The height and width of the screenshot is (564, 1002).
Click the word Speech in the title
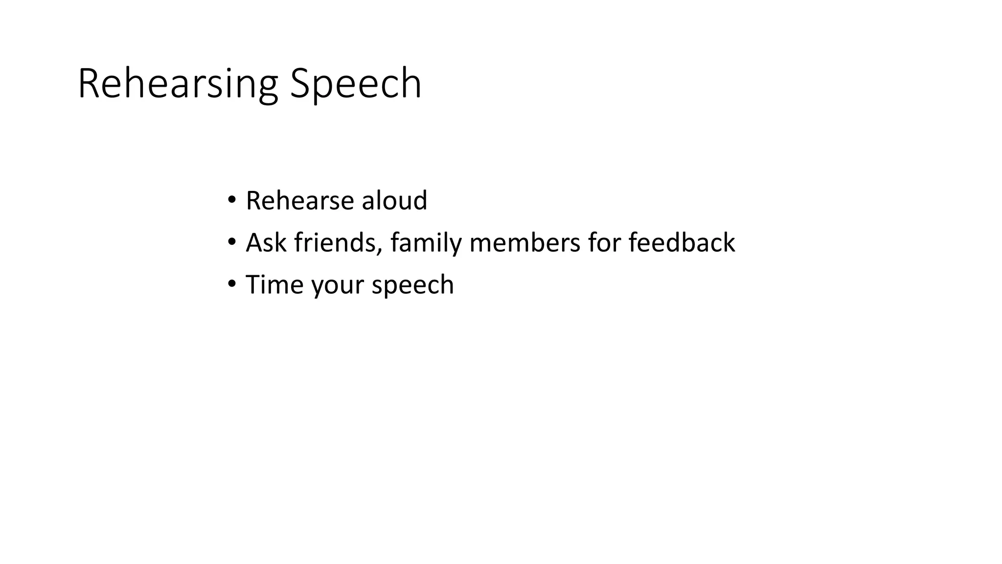click(355, 84)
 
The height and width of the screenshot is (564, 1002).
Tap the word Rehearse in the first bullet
click(299, 201)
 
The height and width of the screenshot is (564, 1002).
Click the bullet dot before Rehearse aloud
click(231, 200)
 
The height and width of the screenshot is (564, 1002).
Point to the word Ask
click(266, 243)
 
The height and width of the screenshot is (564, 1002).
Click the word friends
click(335, 243)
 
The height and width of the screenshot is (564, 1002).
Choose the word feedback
click(682, 243)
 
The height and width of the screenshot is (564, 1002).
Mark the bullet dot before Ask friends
click(231, 242)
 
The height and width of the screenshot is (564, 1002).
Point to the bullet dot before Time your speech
click(231, 284)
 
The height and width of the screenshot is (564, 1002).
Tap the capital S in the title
click(300, 84)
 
